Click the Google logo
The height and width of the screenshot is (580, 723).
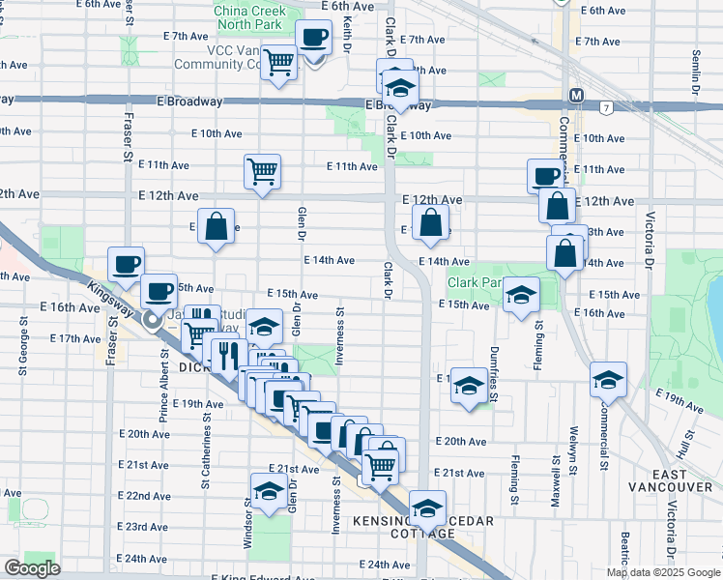pyautogui.click(x=32, y=568)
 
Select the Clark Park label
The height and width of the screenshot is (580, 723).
pyautogui.click(x=474, y=283)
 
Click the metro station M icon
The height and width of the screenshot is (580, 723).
pyautogui.click(x=576, y=96)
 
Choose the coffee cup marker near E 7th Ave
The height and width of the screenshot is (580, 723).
pyautogui.click(x=312, y=39)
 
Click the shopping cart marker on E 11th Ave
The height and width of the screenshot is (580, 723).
pyautogui.click(x=262, y=173)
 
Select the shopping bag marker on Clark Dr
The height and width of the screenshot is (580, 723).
pyautogui.click(x=430, y=222)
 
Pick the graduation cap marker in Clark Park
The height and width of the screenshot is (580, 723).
pyautogui.click(x=521, y=296)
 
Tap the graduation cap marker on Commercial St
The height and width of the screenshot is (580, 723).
pyautogui.click(x=608, y=380)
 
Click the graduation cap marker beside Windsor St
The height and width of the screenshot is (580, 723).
pyautogui.click(x=269, y=490)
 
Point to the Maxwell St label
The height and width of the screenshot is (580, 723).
pyautogui.click(x=556, y=474)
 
